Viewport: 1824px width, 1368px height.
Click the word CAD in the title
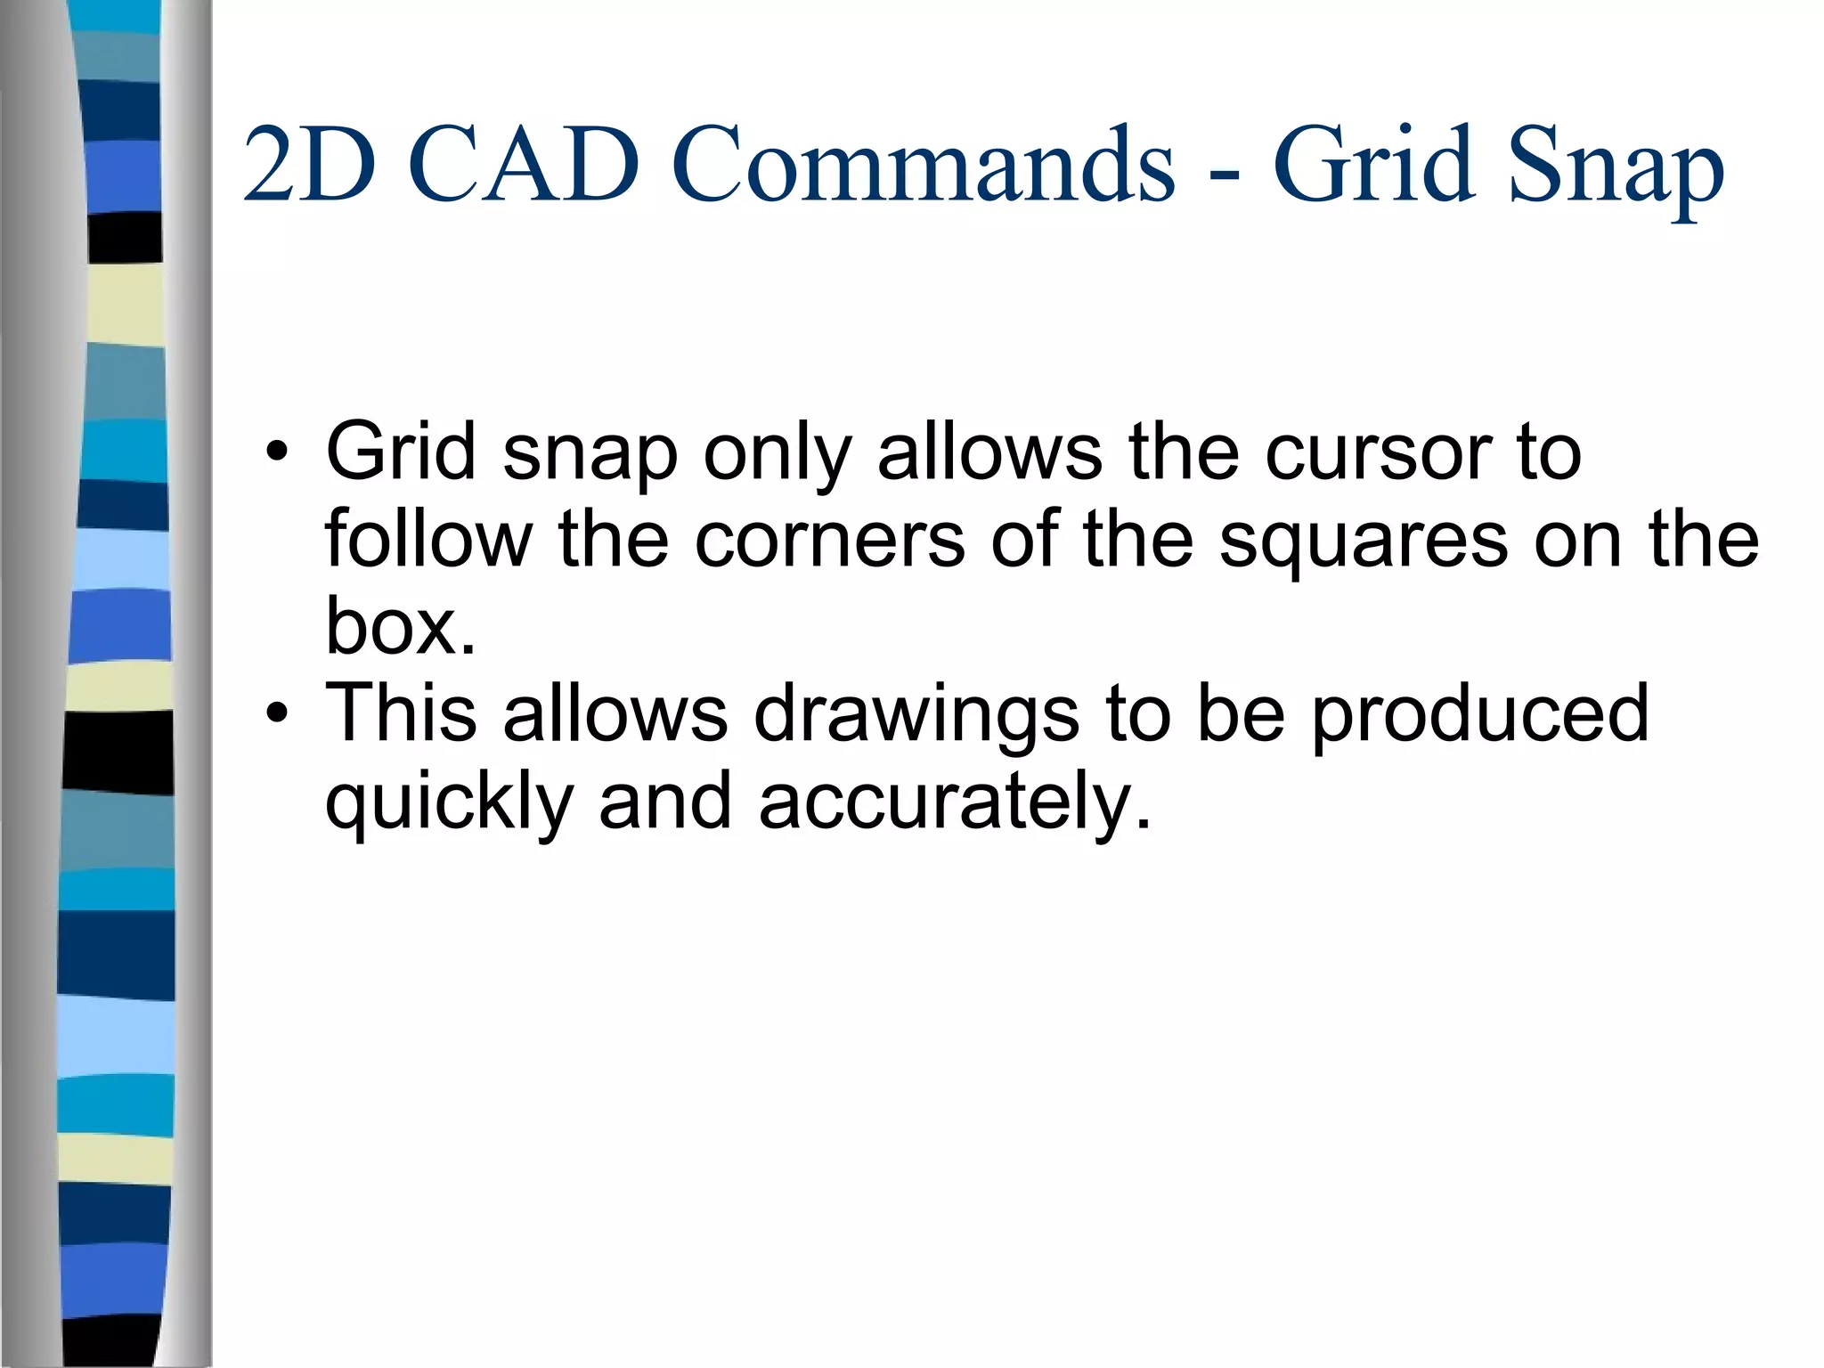[525, 165]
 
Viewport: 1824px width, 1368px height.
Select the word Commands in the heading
[923, 165]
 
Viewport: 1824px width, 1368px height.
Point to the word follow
[427, 539]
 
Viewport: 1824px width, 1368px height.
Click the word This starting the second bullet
[401, 712]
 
